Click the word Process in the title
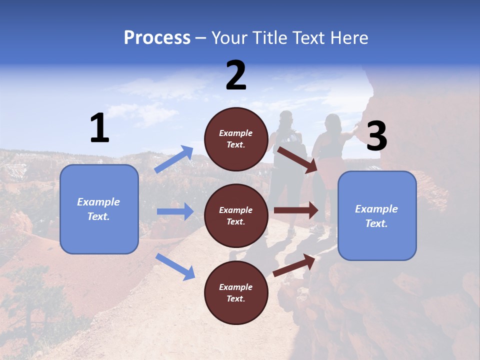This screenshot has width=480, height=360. pyautogui.click(x=157, y=38)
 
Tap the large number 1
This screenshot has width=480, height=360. pyautogui.click(x=99, y=128)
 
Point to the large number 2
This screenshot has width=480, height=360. pyautogui.click(x=236, y=75)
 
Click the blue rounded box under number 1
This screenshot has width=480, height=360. pyautogui.click(x=99, y=209)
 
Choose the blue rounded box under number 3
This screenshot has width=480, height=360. pyautogui.click(x=377, y=215)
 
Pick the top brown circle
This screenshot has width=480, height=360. pyautogui.click(x=236, y=139)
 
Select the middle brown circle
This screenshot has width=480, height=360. pyautogui.click(x=236, y=215)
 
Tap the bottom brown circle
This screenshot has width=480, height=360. pyautogui.click(x=236, y=292)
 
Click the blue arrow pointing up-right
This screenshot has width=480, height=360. pyautogui.click(x=174, y=159)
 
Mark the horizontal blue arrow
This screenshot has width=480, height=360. pyautogui.click(x=175, y=211)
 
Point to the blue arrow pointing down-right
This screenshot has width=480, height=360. pyautogui.click(x=175, y=266)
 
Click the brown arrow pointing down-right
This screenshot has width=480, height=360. pyautogui.click(x=297, y=159)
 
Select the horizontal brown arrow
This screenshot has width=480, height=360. pyautogui.click(x=296, y=210)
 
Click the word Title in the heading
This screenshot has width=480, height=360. pyautogui.click(x=270, y=38)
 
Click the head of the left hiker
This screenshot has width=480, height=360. pyautogui.click(x=286, y=118)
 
